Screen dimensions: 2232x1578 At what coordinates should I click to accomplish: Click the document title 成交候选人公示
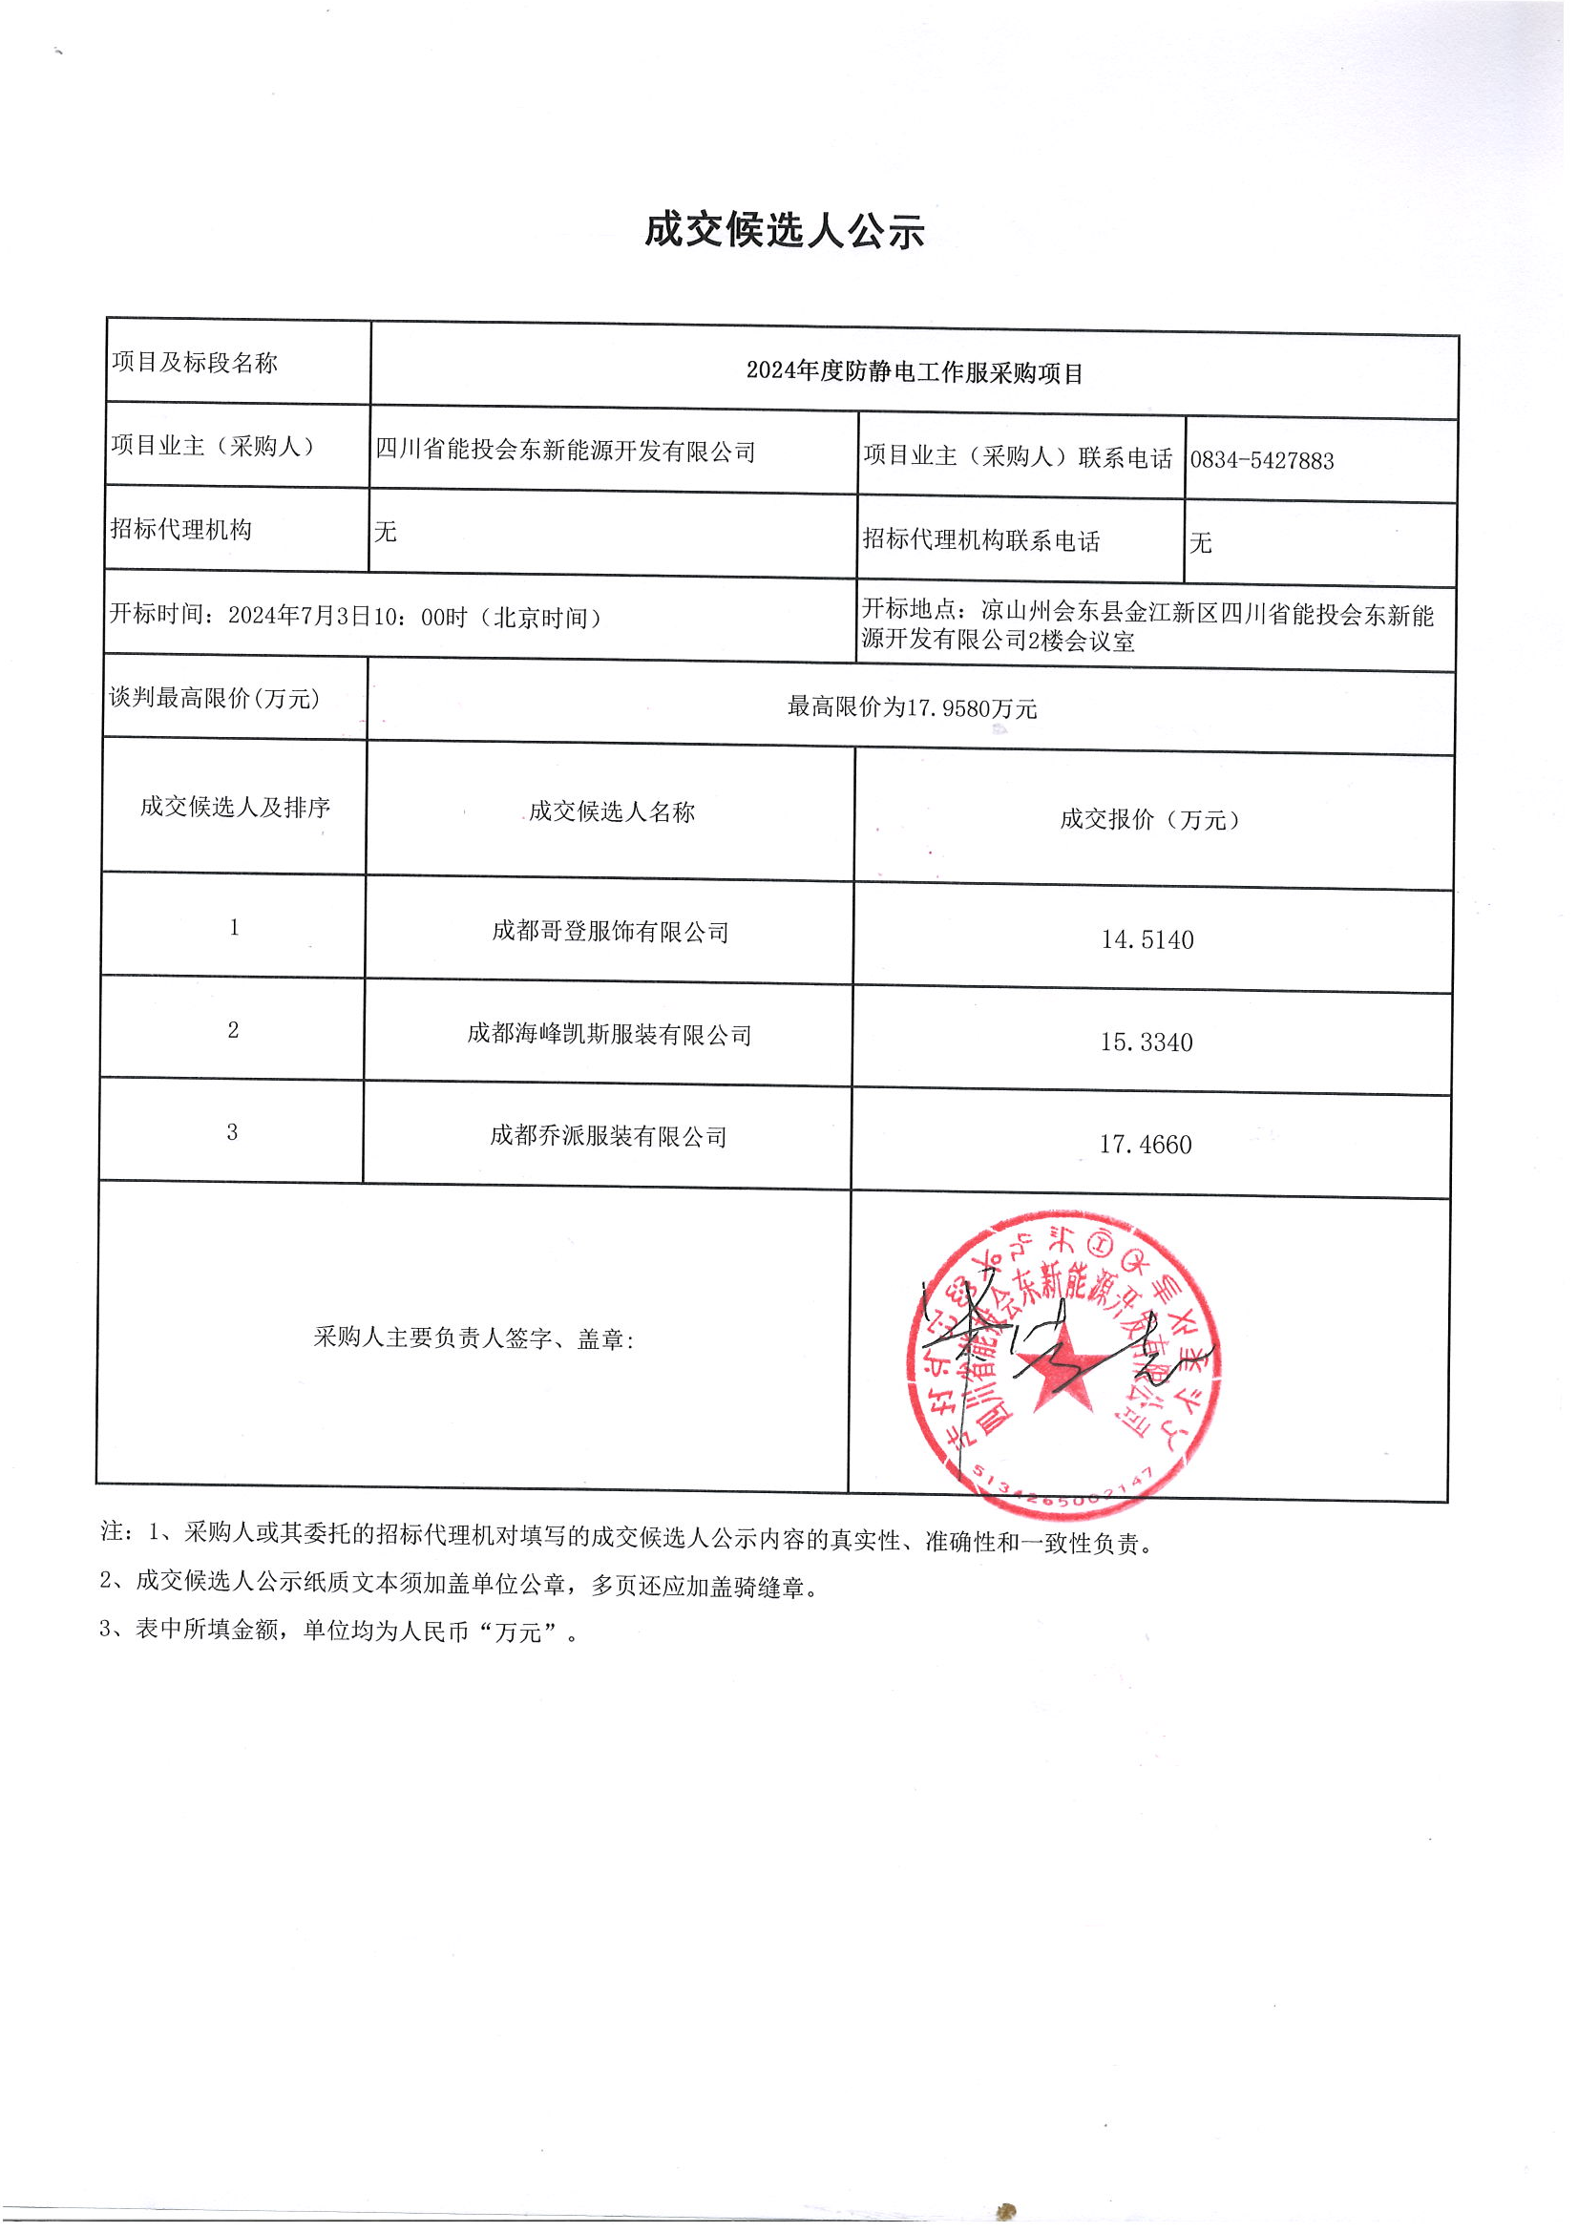click(x=784, y=231)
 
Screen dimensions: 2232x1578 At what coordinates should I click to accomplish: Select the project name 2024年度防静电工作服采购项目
click(x=914, y=372)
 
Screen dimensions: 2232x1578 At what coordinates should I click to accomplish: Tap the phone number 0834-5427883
click(x=1261, y=461)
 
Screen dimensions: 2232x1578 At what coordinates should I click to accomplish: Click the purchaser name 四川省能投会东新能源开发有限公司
click(x=565, y=451)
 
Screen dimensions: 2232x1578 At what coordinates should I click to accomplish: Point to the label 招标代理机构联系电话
click(x=980, y=540)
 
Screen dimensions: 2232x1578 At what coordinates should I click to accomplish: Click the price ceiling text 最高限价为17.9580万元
click(x=912, y=707)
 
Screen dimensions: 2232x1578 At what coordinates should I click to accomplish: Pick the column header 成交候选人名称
click(x=612, y=811)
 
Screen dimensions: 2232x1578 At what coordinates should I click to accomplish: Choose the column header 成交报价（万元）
click(x=1150, y=819)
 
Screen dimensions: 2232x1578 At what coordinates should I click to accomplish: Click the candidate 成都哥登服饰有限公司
click(x=610, y=932)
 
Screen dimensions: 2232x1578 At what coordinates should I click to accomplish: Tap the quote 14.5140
click(x=1147, y=940)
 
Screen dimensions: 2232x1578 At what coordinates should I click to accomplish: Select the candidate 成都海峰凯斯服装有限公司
click(x=609, y=1034)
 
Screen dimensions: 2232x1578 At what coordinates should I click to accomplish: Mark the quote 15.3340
click(x=1147, y=1042)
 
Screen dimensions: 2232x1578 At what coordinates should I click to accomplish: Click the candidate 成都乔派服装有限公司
click(x=608, y=1135)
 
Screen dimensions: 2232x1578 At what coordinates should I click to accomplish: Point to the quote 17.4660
click(x=1146, y=1146)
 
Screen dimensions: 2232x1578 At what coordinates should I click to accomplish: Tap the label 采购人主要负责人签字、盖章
click(x=473, y=1338)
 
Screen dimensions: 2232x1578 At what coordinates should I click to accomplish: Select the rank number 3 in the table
click(x=232, y=1131)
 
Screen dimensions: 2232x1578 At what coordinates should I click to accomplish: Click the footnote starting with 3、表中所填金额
click(x=339, y=1631)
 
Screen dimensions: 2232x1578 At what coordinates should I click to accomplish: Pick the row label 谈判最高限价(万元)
click(x=215, y=698)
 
